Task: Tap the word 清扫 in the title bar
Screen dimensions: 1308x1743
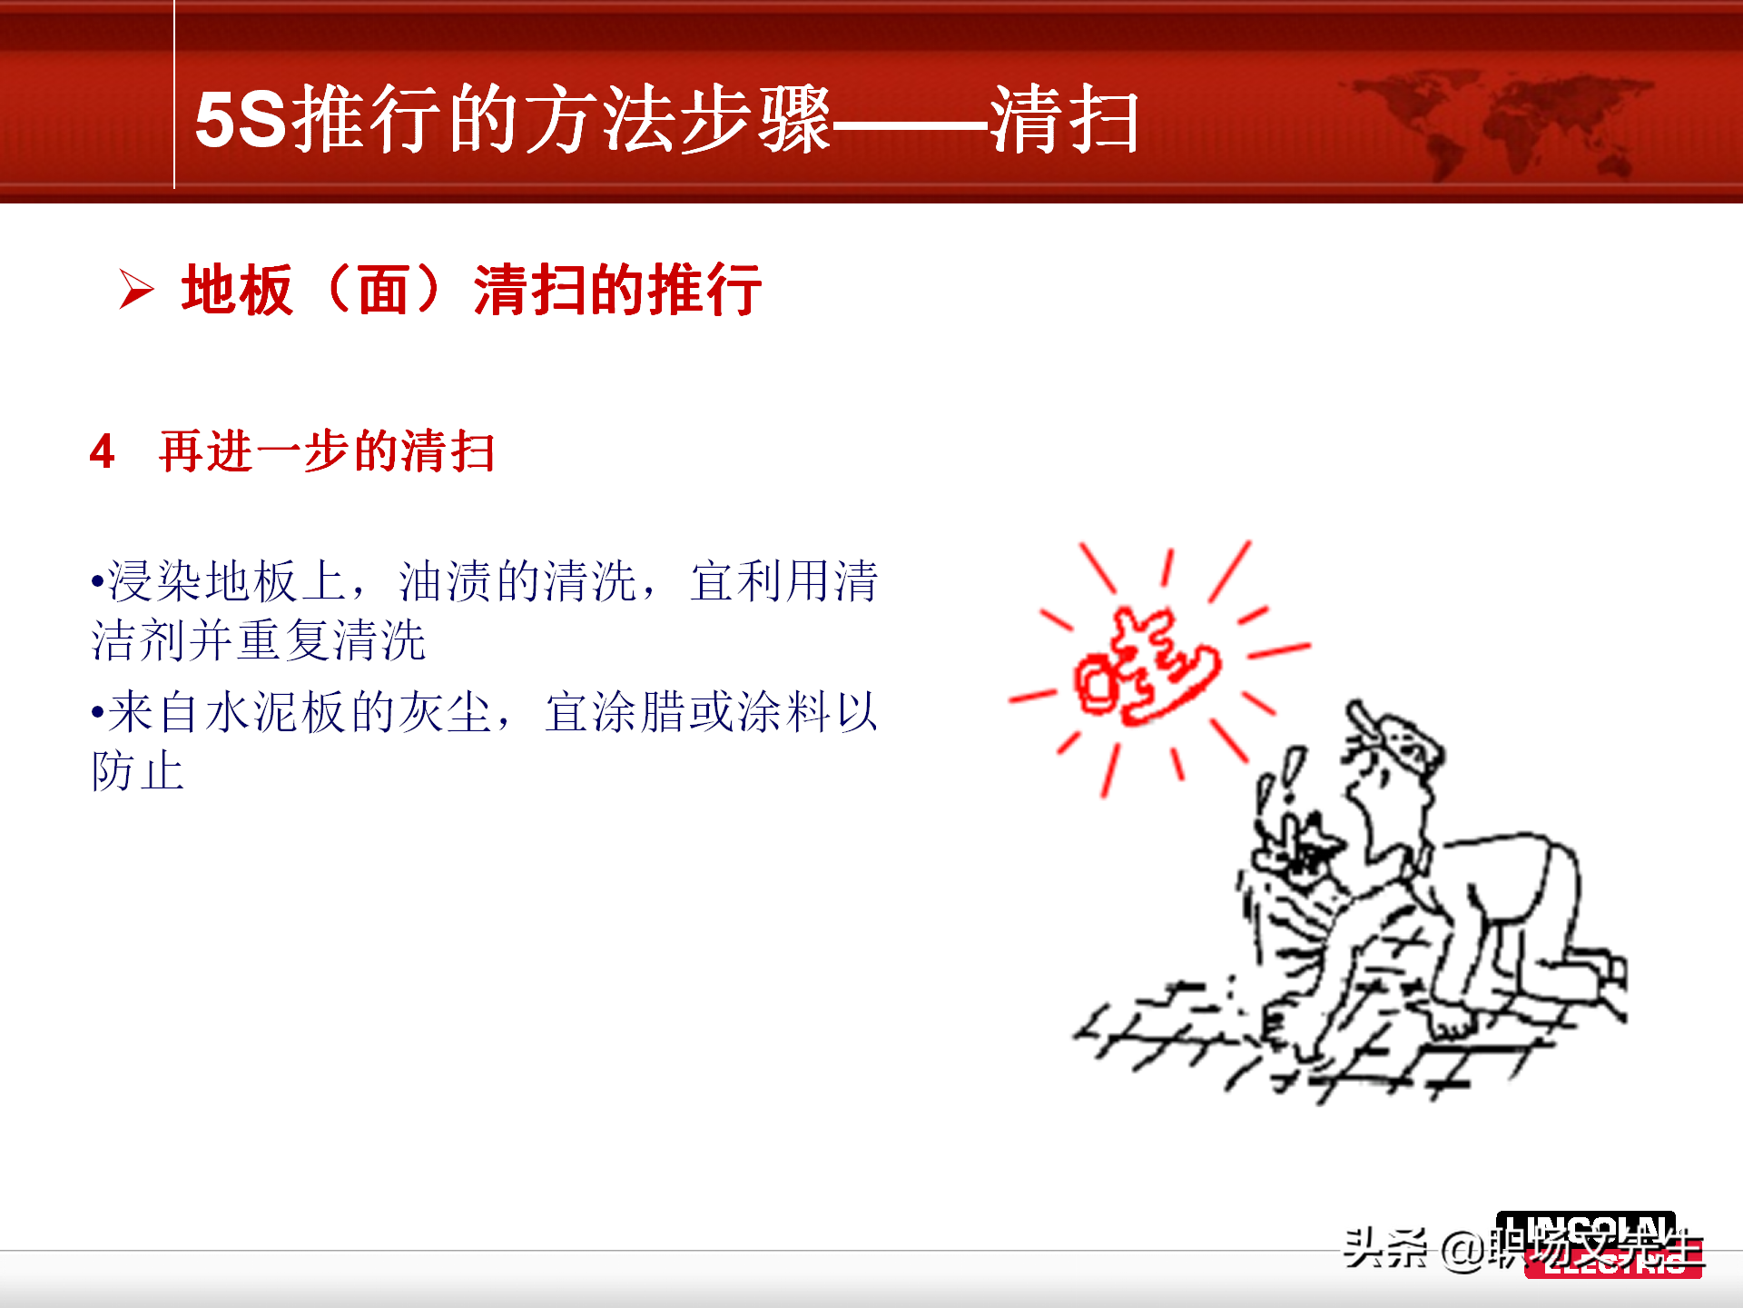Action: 1064,120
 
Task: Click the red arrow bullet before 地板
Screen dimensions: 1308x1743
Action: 136,290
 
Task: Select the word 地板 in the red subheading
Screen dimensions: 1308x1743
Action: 238,291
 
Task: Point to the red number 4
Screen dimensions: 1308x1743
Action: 102,451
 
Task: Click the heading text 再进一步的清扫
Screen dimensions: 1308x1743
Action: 327,451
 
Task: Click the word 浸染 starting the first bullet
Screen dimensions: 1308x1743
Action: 156,581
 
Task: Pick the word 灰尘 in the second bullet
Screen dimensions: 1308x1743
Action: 446,711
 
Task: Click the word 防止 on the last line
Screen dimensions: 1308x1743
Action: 138,770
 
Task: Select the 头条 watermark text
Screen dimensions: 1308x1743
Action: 1384,1249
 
